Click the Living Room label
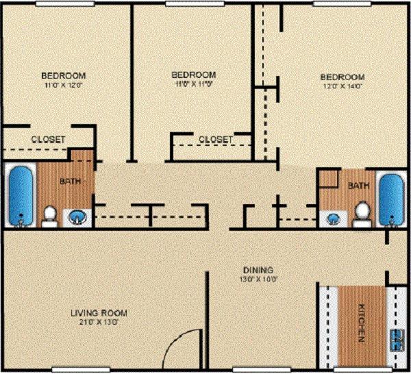tap(99, 313)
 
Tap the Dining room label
tap(258, 269)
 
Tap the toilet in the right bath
tap(361, 214)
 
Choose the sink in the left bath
tap(77, 218)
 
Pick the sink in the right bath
tap(334, 219)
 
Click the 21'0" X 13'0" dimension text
tap(99, 323)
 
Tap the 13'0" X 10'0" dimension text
tap(258, 279)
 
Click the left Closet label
tap(48, 139)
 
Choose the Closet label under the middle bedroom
tap(215, 139)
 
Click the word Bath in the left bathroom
tap(69, 182)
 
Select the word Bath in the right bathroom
tap(358, 186)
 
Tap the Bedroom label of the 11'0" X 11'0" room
tap(194, 75)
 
